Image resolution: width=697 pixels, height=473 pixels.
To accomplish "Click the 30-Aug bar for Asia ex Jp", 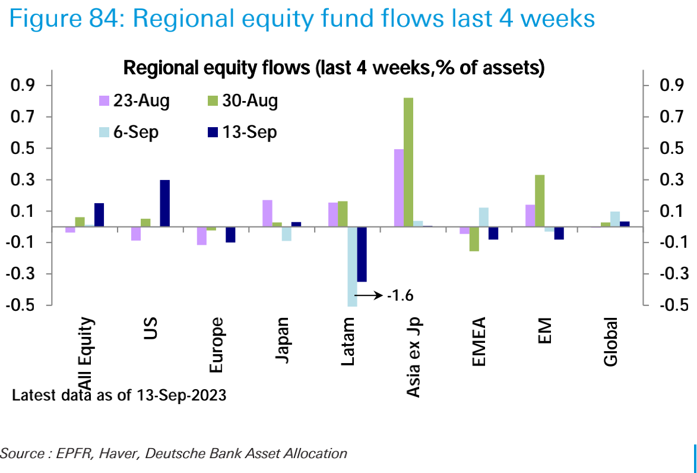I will [x=408, y=162].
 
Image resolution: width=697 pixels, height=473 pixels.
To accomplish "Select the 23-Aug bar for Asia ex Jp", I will [x=398, y=188].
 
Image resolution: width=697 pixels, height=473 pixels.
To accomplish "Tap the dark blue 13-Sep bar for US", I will [x=164, y=203].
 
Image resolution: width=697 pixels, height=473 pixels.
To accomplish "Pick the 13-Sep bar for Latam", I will [x=362, y=254].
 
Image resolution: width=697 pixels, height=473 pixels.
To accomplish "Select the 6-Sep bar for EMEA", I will [x=483, y=217].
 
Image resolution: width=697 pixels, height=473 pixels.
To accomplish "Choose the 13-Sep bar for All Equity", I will [x=99, y=215].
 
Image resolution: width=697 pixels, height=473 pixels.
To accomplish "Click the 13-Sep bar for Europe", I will [x=230, y=235].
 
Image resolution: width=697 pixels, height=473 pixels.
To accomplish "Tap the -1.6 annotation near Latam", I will [x=399, y=295].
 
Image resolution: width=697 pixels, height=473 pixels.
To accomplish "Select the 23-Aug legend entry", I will [x=134, y=101].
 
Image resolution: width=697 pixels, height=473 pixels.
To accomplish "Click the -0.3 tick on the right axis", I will [x=668, y=274].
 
